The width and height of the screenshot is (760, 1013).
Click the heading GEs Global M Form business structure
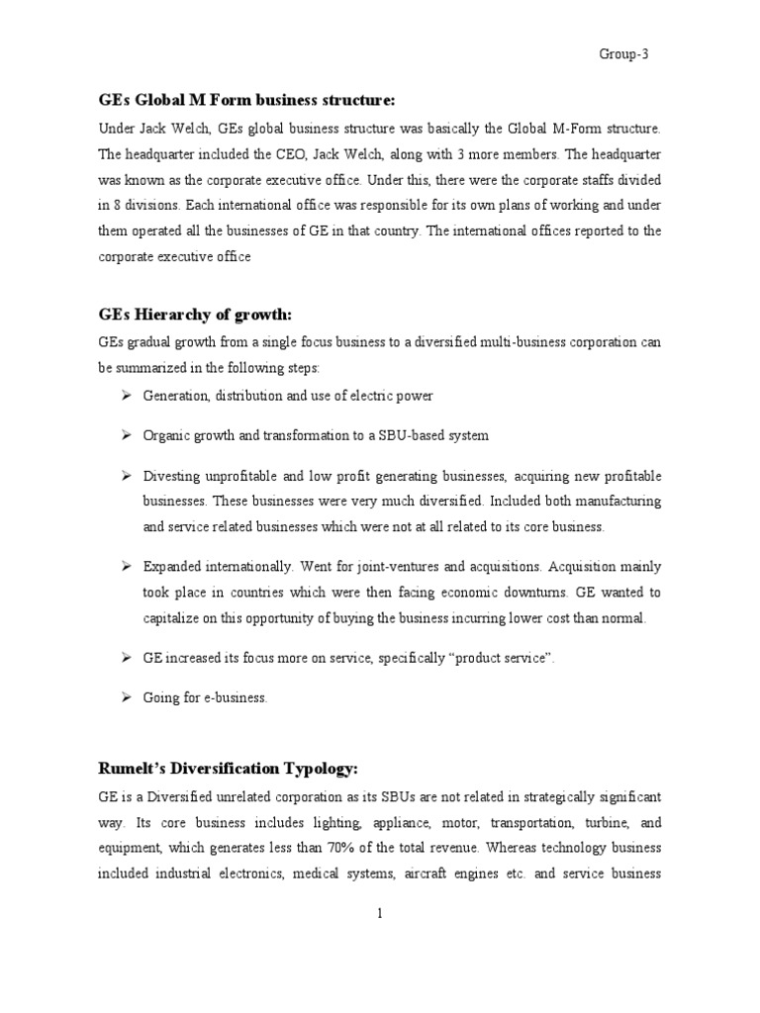pyautogui.click(x=246, y=101)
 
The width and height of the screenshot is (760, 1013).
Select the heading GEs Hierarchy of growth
pyautogui.click(x=195, y=315)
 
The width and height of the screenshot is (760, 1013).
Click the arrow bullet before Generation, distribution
pyautogui.click(x=126, y=396)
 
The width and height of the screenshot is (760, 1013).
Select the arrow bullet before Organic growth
pyautogui.click(x=126, y=435)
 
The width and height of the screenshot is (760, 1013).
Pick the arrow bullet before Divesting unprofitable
pyautogui.click(x=126, y=476)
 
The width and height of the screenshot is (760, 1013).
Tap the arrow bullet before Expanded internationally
pyautogui.click(x=126, y=567)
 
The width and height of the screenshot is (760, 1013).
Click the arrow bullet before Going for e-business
pyautogui.click(x=126, y=697)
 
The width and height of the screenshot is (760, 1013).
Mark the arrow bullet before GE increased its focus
pyautogui.click(x=126, y=658)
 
